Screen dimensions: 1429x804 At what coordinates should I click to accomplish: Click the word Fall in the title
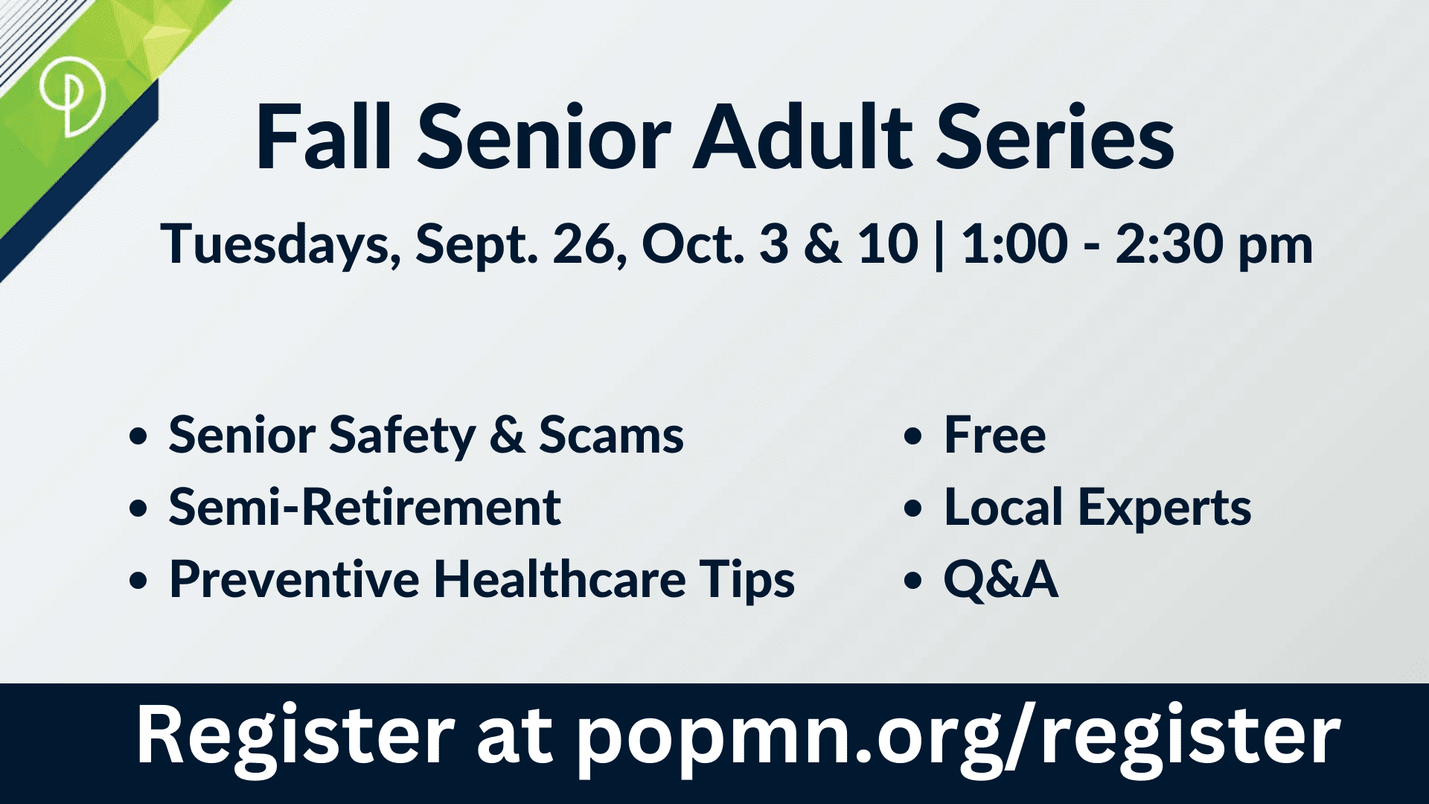pos(324,138)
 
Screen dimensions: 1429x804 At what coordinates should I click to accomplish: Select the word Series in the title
pos(1055,138)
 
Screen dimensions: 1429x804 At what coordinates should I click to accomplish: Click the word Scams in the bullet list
pos(611,435)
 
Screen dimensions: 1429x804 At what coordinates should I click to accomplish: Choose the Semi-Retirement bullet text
pos(365,508)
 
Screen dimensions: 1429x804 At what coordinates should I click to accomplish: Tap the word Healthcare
pos(560,579)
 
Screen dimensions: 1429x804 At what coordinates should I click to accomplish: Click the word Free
pos(995,435)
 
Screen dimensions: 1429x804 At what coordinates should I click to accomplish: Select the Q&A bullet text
pos(1001,580)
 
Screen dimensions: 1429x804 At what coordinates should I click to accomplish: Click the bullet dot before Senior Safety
pos(138,436)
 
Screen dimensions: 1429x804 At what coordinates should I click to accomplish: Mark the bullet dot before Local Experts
pos(912,509)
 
